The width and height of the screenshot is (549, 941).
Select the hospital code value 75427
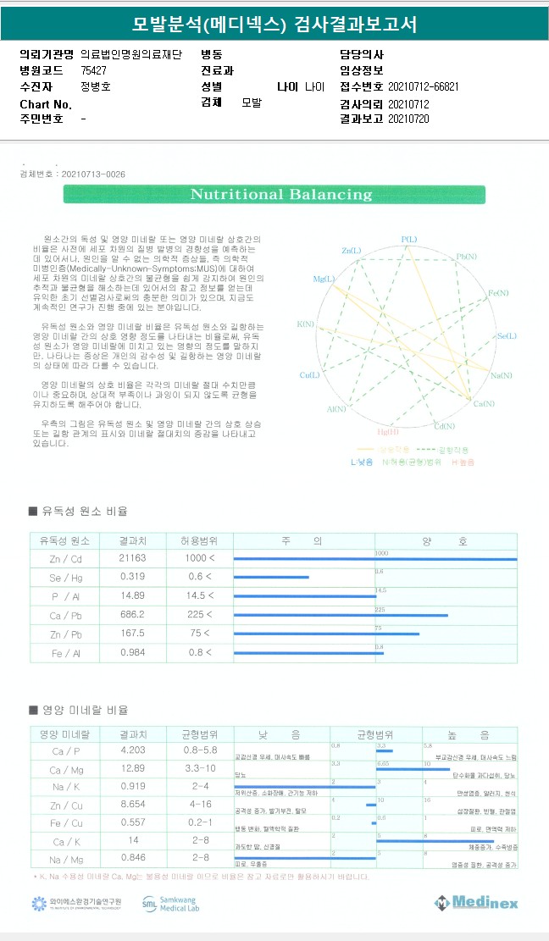click(x=93, y=70)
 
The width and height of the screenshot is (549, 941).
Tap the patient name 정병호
click(x=95, y=86)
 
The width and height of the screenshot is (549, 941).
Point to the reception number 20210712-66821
click(x=423, y=86)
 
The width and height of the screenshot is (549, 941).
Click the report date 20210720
click(x=408, y=119)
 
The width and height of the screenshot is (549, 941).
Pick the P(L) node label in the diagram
click(x=408, y=240)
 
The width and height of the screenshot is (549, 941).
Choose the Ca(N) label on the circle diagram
click(x=483, y=404)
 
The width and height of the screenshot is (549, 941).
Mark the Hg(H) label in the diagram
click(x=388, y=432)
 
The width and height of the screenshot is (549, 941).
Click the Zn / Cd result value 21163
click(x=133, y=559)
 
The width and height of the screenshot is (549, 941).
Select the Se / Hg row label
click(x=64, y=578)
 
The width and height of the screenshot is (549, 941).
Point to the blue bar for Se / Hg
click(x=271, y=578)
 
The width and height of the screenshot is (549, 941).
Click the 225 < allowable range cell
click(x=198, y=615)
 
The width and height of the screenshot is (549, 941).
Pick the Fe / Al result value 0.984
click(x=133, y=652)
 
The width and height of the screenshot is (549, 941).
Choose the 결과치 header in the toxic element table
click(x=133, y=540)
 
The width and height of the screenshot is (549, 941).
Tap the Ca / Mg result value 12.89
click(x=133, y=769)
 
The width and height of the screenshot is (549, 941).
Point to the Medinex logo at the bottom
click(x=476, y=903)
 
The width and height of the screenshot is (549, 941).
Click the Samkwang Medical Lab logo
click(x=170, y=904)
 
